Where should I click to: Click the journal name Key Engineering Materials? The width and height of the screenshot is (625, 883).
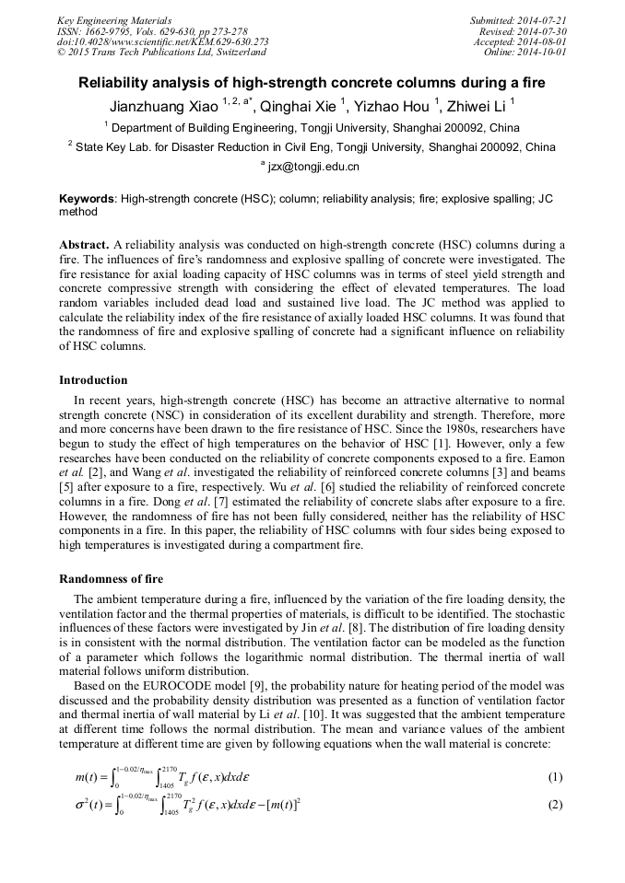tap(114, 20)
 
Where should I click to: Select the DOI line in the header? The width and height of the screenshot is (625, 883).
tap(162, 41)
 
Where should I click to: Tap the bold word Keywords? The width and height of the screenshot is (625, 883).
tap(88, 199)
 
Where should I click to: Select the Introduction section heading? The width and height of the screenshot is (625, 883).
tap(93, 380)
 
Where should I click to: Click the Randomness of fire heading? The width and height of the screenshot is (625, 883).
tap(111, 579)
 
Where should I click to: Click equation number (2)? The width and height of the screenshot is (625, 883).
tap(555, 805)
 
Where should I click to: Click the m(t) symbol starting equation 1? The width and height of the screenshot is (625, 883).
tap(88, 777)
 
